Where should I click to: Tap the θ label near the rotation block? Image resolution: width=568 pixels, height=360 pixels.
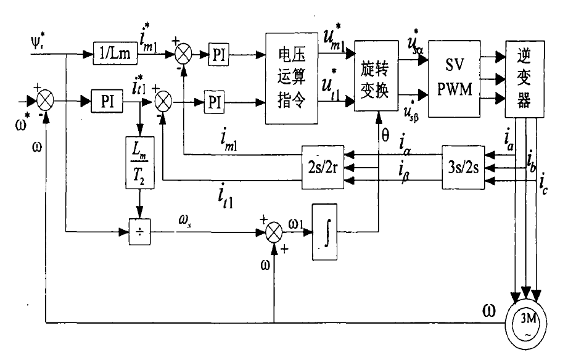pyautogui.click(x=386, y=135)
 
